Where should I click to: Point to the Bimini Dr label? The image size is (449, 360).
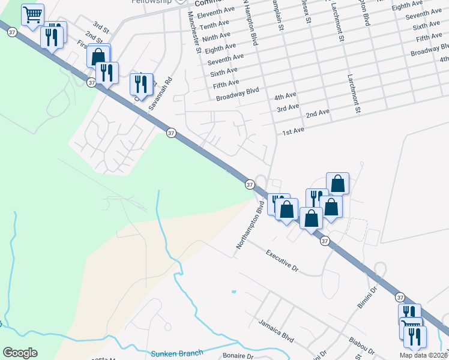coord(367,298)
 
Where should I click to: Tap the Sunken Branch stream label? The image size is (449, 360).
coord(177,353)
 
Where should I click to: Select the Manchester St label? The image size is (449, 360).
coord(194,32)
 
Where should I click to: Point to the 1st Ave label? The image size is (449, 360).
coord(294,131)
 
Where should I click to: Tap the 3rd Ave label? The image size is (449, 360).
coord(288,107)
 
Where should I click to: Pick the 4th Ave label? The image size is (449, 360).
coord(285,96)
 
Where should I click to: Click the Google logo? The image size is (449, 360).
coord(20,353)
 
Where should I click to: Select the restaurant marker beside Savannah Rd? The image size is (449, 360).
coord(142,84)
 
